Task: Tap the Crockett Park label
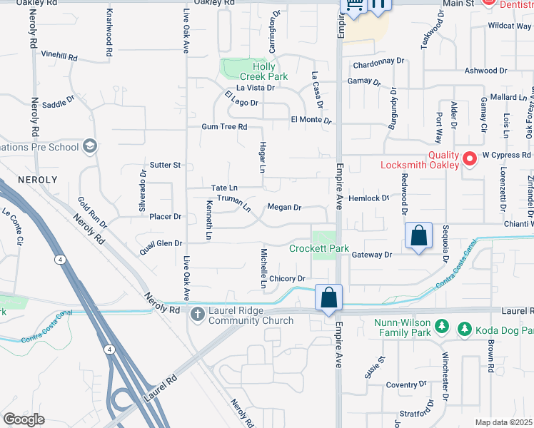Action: [318, 249]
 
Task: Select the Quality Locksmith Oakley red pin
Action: [469, 158]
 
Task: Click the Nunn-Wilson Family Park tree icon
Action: [442, 327]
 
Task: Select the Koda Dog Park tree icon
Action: [465, 329]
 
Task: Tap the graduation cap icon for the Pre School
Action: [90, 146]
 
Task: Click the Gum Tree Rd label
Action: [224, 127]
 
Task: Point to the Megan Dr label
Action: [284, 208]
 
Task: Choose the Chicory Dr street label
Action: [287, 279]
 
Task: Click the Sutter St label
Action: [166, 165]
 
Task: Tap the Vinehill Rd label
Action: [59, 54]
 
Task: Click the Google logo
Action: [24, 419]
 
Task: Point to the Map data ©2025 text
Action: [503, 422]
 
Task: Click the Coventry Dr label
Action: [405, 384]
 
